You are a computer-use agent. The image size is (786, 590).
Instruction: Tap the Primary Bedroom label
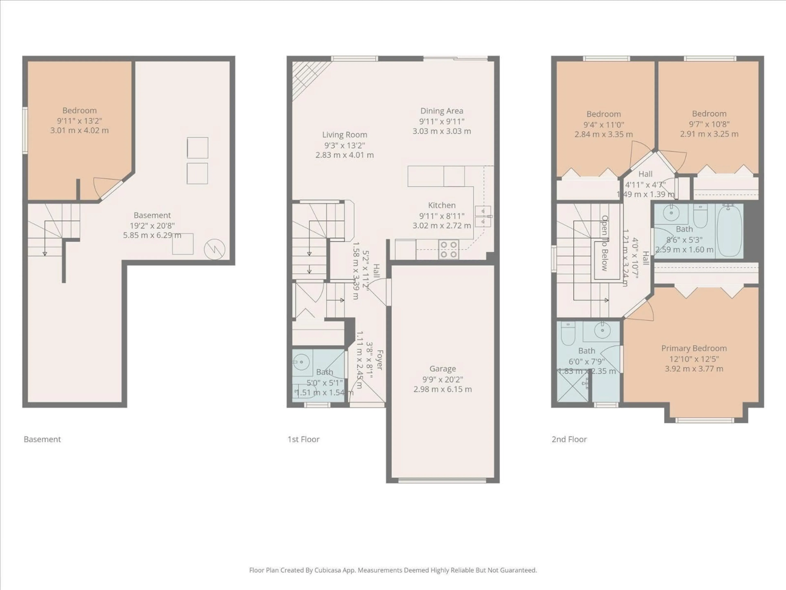694,348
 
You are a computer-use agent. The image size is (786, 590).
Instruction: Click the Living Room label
344,135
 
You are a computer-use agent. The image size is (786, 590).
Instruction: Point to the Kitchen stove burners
448,249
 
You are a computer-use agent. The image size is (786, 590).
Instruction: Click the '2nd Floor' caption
569,439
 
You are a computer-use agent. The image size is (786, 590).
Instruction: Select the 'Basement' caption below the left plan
42,439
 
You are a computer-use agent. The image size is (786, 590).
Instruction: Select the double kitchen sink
483,216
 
